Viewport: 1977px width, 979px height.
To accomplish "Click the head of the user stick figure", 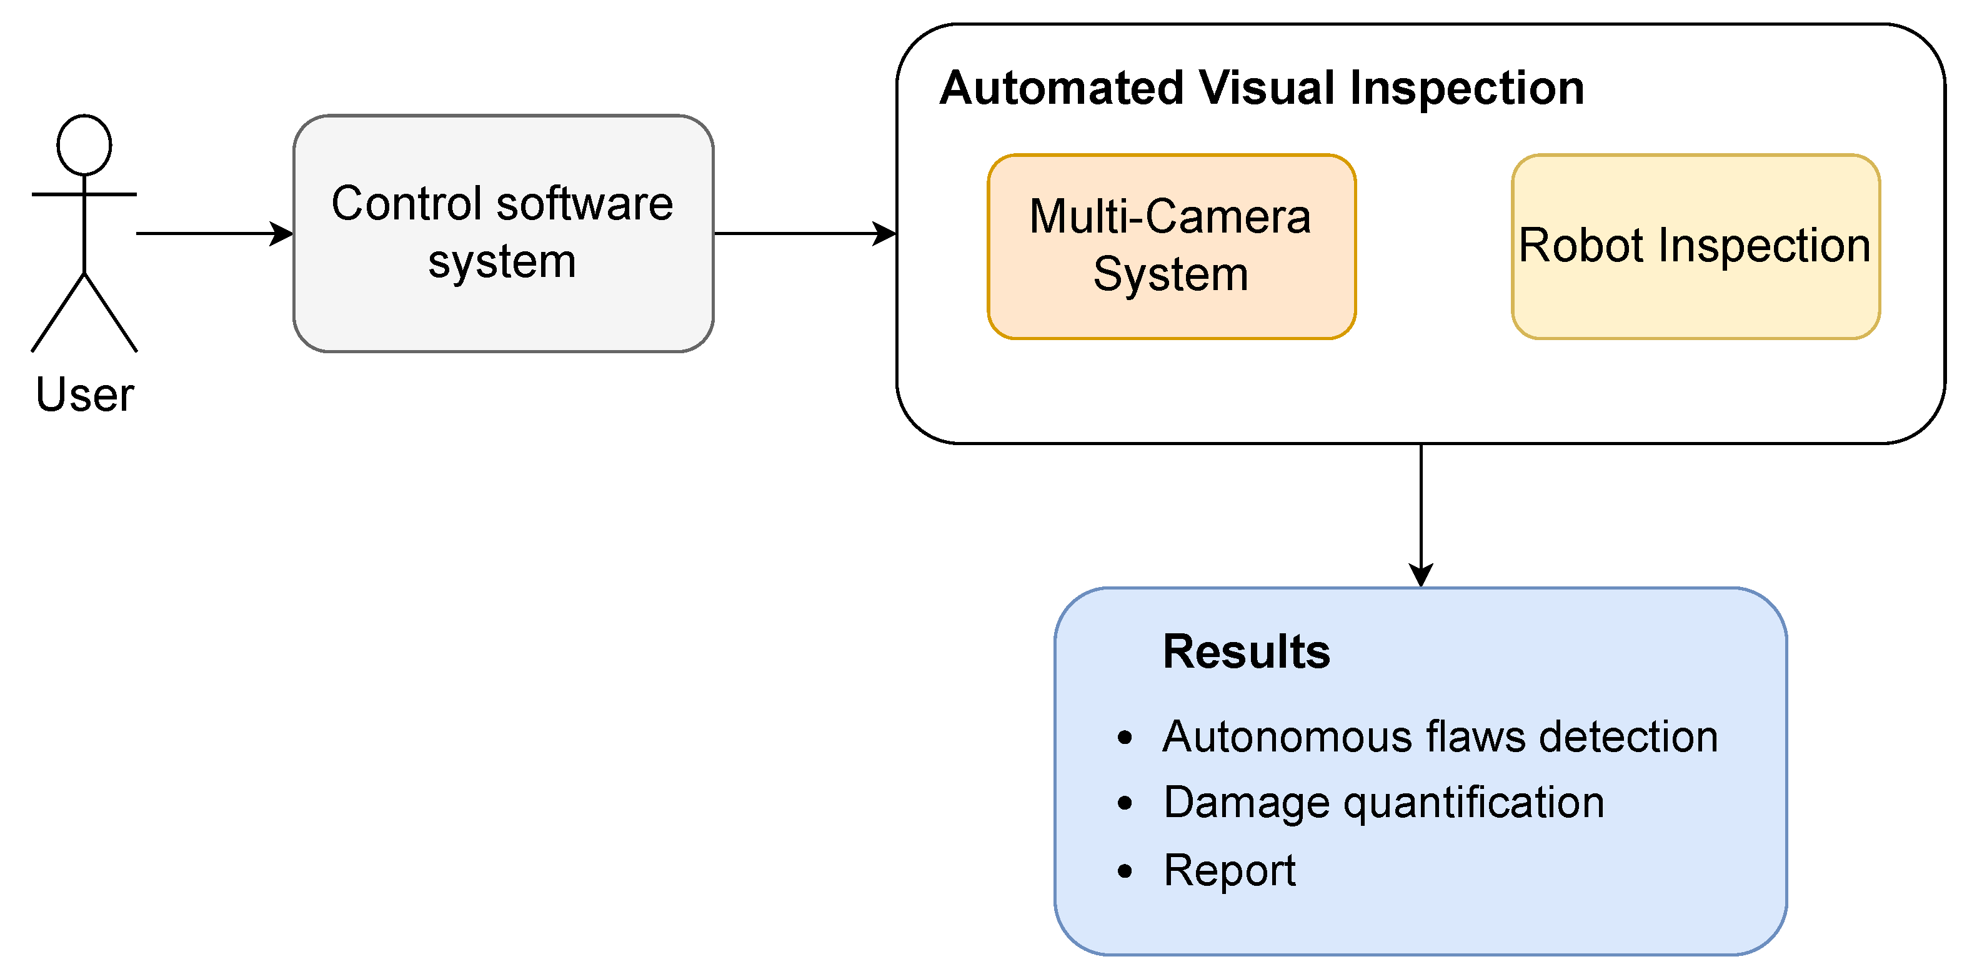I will point(84,145).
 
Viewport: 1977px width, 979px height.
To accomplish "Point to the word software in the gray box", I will point(585,204).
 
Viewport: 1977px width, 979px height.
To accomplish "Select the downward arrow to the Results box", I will point(1421,515).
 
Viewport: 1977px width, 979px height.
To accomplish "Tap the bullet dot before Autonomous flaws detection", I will point(1125,738).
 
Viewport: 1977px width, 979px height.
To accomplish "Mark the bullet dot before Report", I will point(1125,871).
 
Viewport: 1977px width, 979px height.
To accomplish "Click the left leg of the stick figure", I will point(58,313).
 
